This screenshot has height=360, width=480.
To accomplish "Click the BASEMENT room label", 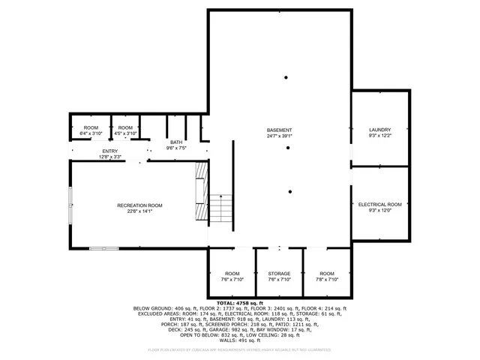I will click(x=279, y=130).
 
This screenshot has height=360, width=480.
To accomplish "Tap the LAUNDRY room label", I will click(x=380, y=129).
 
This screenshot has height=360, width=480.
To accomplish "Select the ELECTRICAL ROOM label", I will click(x=380, y=204).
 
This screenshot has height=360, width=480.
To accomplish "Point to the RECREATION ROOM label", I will click(x=139, y=205).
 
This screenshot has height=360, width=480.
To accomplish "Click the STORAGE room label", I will click(x=279, y=274).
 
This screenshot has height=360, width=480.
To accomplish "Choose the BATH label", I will click(x=175, y=142).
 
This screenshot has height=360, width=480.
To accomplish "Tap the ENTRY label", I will click(x=110, y=151).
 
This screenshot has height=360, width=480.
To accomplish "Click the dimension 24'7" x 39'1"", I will click(x=279, y=136).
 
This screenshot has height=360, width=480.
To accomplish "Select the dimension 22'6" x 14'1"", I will click(x=139, y=211).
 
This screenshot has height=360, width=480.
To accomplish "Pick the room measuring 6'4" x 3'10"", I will click(x=91, y=130).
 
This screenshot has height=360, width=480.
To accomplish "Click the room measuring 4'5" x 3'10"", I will click(x=125, y=130).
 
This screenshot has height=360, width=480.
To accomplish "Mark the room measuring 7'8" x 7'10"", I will click(x=327, y=277).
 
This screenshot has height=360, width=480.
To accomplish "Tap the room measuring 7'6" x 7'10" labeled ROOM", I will click(x=232, y=277).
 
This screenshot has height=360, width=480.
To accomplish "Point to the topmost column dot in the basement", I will click(x=285, y=77).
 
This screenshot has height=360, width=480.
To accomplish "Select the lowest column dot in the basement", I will click(x=289, y=191).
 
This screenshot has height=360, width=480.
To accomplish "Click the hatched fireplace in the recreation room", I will click(x=200, y=193).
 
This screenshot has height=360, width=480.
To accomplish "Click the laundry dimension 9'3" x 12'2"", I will click(x=380, y=135).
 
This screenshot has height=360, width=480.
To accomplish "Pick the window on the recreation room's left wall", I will click(x=71, y=204).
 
